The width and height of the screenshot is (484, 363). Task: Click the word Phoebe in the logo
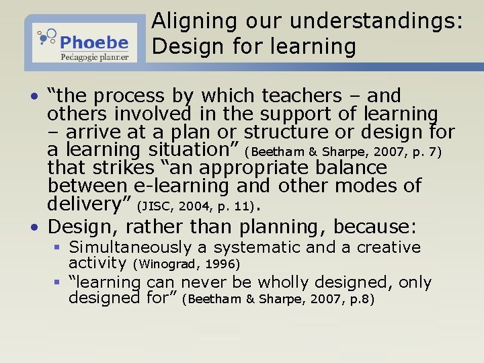point(94,43)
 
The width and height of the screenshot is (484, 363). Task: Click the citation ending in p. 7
point(347,151)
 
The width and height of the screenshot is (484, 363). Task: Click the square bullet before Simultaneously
point(59,247)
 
